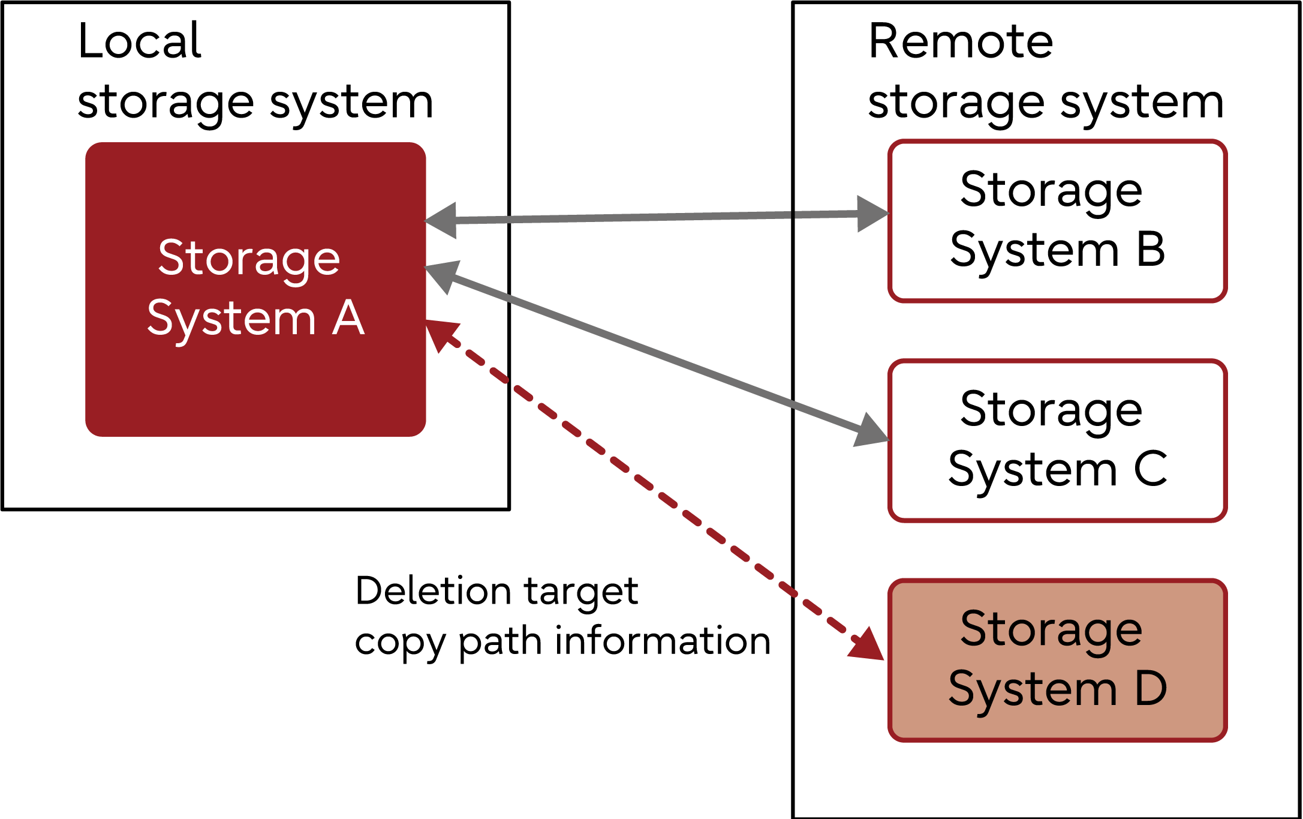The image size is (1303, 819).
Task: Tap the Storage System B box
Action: pyautogui.click(x=1057, y=221)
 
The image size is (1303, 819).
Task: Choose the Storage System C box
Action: pyautogui.click(x=1057, y=440)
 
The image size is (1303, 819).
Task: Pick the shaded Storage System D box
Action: pyautogui.click(x=1057, y=660)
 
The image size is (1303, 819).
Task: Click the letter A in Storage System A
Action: pyautogui.click(x=348, y=318)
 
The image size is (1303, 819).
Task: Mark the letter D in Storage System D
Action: pyautogui.click(x=1150, y=689)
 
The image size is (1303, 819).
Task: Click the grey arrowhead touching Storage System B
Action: pyautogui.click(x=871, y=214)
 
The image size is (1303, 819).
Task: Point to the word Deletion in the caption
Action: pyautogui.click(x=432, y=591)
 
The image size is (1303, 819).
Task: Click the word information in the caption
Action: pyautogui.click(x=663, y=641)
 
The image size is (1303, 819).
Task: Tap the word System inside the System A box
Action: pyautogui.click(x=231, y=318)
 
